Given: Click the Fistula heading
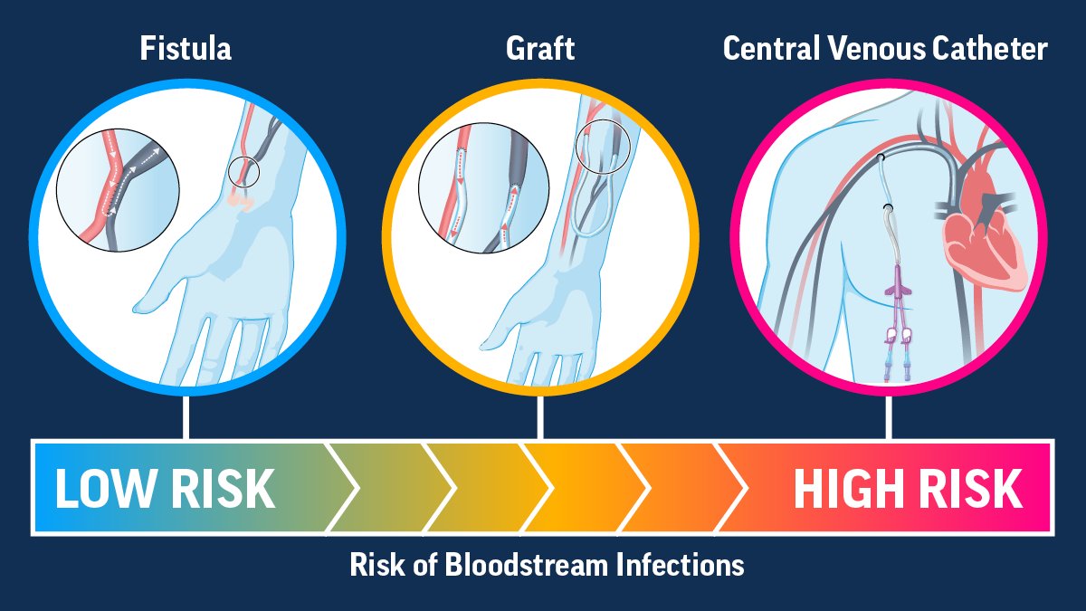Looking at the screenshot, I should pos(186,48).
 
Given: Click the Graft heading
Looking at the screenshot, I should pos(539,48).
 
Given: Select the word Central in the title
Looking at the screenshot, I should pos(770,48).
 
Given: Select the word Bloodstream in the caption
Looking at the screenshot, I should pos(529,566).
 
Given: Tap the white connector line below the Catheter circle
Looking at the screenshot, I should pos(889,416).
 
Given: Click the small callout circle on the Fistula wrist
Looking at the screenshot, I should pos(243,171).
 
